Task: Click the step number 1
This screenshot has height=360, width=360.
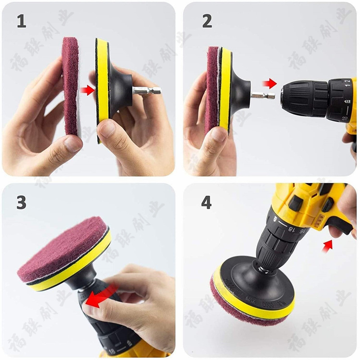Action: click(22, 21)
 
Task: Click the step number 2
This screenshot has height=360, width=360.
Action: click(207, 21)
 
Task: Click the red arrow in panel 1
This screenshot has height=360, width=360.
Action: click(87, 90)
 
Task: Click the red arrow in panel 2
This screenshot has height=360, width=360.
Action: click(270, 83)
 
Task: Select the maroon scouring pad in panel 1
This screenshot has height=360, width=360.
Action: click(70, 85)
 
